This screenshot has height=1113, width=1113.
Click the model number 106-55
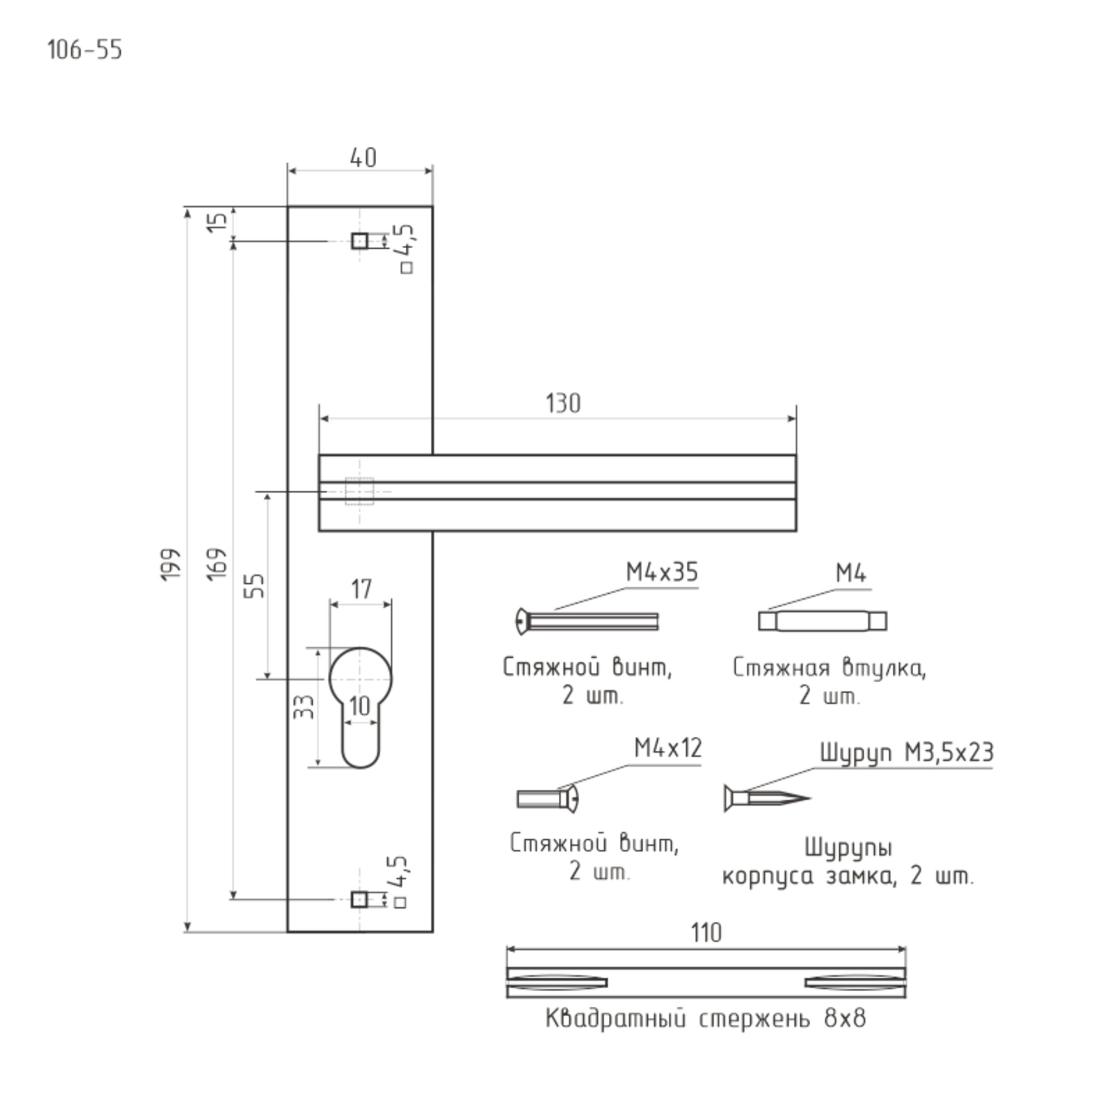85,50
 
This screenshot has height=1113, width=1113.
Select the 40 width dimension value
363,158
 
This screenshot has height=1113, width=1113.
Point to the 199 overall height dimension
171,564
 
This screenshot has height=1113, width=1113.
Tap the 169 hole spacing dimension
217,564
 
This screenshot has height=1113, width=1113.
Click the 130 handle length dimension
563,404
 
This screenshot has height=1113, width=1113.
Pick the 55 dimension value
255,586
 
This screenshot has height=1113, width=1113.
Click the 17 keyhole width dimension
361,589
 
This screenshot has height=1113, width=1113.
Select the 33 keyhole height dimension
304,707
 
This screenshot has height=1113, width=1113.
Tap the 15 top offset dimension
218,222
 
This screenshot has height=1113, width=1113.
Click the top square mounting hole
360,240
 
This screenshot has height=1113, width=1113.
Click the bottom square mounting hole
359,899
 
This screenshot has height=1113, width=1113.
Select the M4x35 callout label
662,573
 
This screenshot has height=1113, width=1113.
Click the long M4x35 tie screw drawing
587,622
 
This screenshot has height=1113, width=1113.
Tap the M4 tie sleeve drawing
823,621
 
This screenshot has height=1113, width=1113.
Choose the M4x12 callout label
668,748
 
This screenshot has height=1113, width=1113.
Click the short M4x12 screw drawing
548,799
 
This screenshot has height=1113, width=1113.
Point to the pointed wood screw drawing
767,799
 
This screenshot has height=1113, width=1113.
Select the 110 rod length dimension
706,933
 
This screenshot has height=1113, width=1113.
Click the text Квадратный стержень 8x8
706,1019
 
